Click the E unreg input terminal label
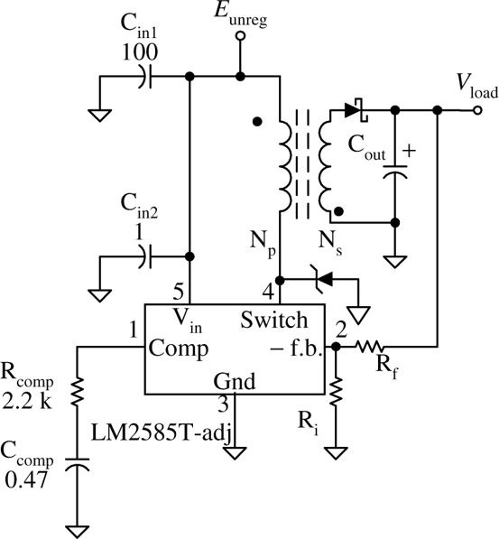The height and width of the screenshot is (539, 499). click(x=240, y=14)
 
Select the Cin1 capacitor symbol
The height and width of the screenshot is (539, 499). click(x=144, y=79)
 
